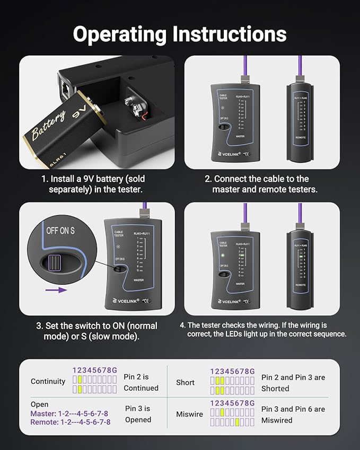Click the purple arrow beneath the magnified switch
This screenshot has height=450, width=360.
pos(56,290)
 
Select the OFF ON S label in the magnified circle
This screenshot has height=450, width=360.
pos(60,231)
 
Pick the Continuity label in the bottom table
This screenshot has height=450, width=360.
pos(48,381)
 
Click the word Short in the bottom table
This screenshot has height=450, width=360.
pos(185,382)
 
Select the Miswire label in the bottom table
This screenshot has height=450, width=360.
pos(189,414)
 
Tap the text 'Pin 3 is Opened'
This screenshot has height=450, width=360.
pos(138,414)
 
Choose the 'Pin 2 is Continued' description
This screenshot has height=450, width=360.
pos(141,382)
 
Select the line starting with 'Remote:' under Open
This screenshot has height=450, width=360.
pos(71,422)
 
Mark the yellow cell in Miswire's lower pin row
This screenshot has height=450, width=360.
pos(238,422)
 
